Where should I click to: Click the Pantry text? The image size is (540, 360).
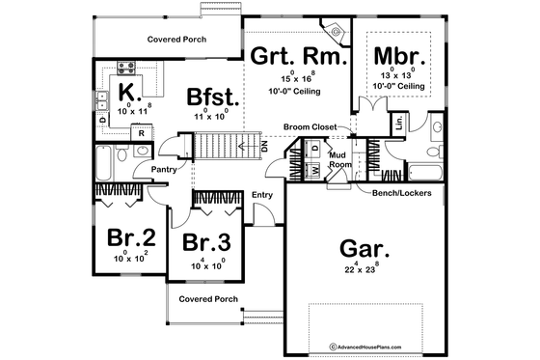pyautogui.click(x=161, y=169)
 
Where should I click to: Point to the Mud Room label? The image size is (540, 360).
pyautogui.click(x=339, y=160)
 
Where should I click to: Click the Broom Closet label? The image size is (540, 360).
pyautogui.click(x=310, y=127)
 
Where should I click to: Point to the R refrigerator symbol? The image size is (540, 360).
pyautogui.click(x=142, y=133)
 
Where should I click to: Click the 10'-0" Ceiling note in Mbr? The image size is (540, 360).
pyautogui.click(x=398, y=87)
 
